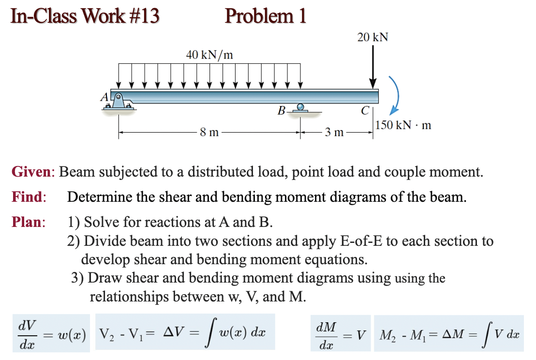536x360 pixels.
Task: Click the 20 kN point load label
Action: pyautogui.click(x=372, y=38)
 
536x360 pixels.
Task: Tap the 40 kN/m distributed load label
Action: pyautogui.click(x=209, y=55)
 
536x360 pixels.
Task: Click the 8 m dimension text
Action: pyautogui.click(x=208, y=132)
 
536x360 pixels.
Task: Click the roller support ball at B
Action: pyautogui.click(x=300, y=107)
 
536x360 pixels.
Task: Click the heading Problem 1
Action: pyautogui.click(x=266, y=16)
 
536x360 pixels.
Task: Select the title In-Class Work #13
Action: pyautogui.click(x=85, y=16)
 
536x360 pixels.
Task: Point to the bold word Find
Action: pyautogui.click(x=28, y=197)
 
